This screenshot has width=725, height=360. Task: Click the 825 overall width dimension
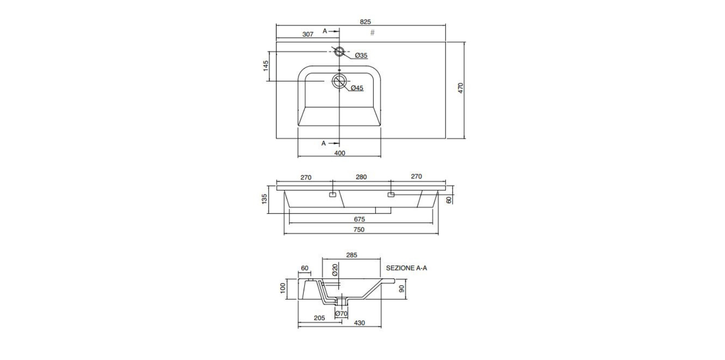pos(365,22)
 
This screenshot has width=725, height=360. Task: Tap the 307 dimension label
pos(308,34)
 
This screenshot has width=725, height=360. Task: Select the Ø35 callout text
pos(361,55)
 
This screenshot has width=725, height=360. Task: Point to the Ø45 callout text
pos(357,88)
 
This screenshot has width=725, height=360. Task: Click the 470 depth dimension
pos(461,88)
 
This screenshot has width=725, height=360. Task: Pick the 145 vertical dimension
pos(266,66)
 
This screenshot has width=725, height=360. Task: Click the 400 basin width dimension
pos(340,153)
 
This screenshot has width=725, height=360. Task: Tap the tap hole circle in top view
pos(339,52)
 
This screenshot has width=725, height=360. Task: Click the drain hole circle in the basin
pos(339,81)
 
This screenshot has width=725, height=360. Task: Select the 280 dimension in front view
pos(361,177)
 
